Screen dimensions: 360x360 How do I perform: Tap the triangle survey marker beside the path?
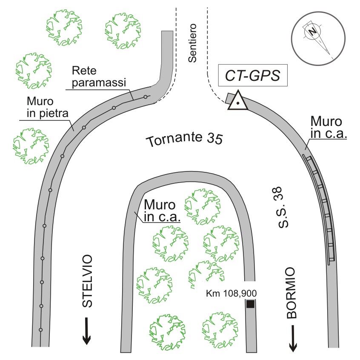pyautogui.click(x=238, y=101)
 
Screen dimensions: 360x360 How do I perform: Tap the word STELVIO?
pyautogui.click(x=87, y=282)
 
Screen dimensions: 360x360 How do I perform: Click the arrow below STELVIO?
pyautogui.click(x=87, y=331)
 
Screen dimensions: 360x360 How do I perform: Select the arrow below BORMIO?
pyautogui.click(x=293, y=338)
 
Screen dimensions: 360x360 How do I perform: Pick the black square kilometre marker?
pyautogui.click(x=250, y=304)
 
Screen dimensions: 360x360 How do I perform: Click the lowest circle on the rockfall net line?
pyautogui.click(x=40, y=330)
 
